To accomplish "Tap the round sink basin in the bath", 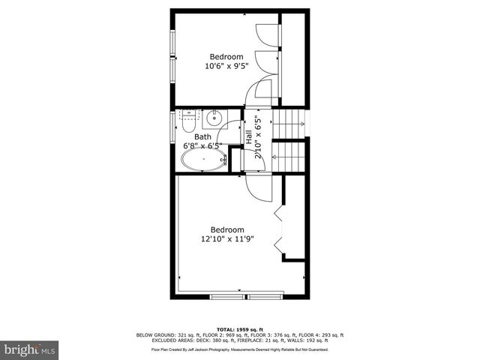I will pos(214,117).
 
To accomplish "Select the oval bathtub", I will pos(202,159).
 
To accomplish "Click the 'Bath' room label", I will pos(202,136).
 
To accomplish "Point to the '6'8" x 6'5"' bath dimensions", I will pos(202,146).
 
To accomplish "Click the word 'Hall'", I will pos(249,136).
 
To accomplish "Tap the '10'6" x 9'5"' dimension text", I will pos(226,66).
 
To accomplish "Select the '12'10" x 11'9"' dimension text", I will pos(226,239).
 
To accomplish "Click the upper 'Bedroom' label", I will pos(226,56).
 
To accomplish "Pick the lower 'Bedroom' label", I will pos(226,229).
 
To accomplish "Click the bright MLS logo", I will pos(30,349).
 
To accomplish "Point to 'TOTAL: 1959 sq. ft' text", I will pos(241,329).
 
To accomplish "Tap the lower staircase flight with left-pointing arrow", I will pos(289,157).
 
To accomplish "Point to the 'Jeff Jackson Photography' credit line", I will pos(240,349).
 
